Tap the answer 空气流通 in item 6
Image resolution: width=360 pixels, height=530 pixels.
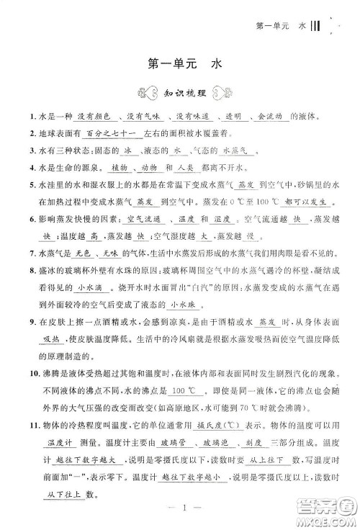click(x=143, y=220)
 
